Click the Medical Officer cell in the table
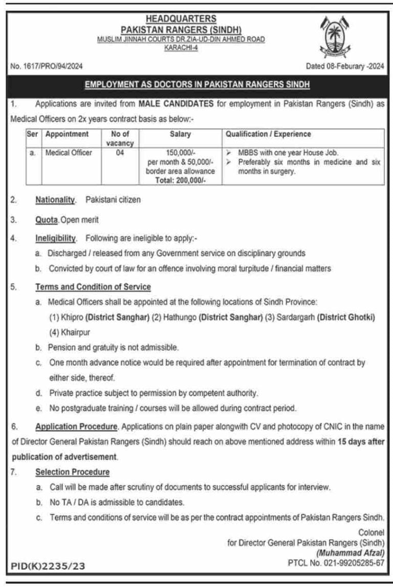pyautogui.click(x=69, y=153)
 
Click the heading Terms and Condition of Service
pyautogui.click(x=93, y=287)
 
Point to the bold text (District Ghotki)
pyautogui.click(x=346, y=318)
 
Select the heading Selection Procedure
pyautogui.click(x=72, y=471)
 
